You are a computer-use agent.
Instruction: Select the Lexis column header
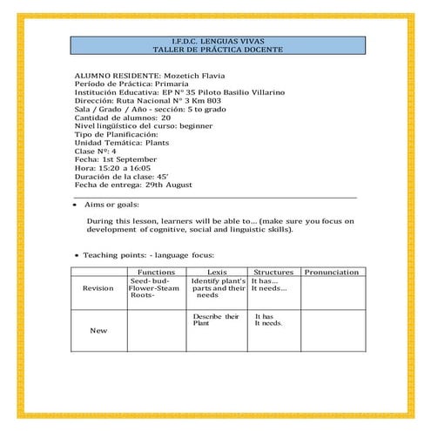(218, 273)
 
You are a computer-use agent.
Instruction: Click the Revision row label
(98, 289)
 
